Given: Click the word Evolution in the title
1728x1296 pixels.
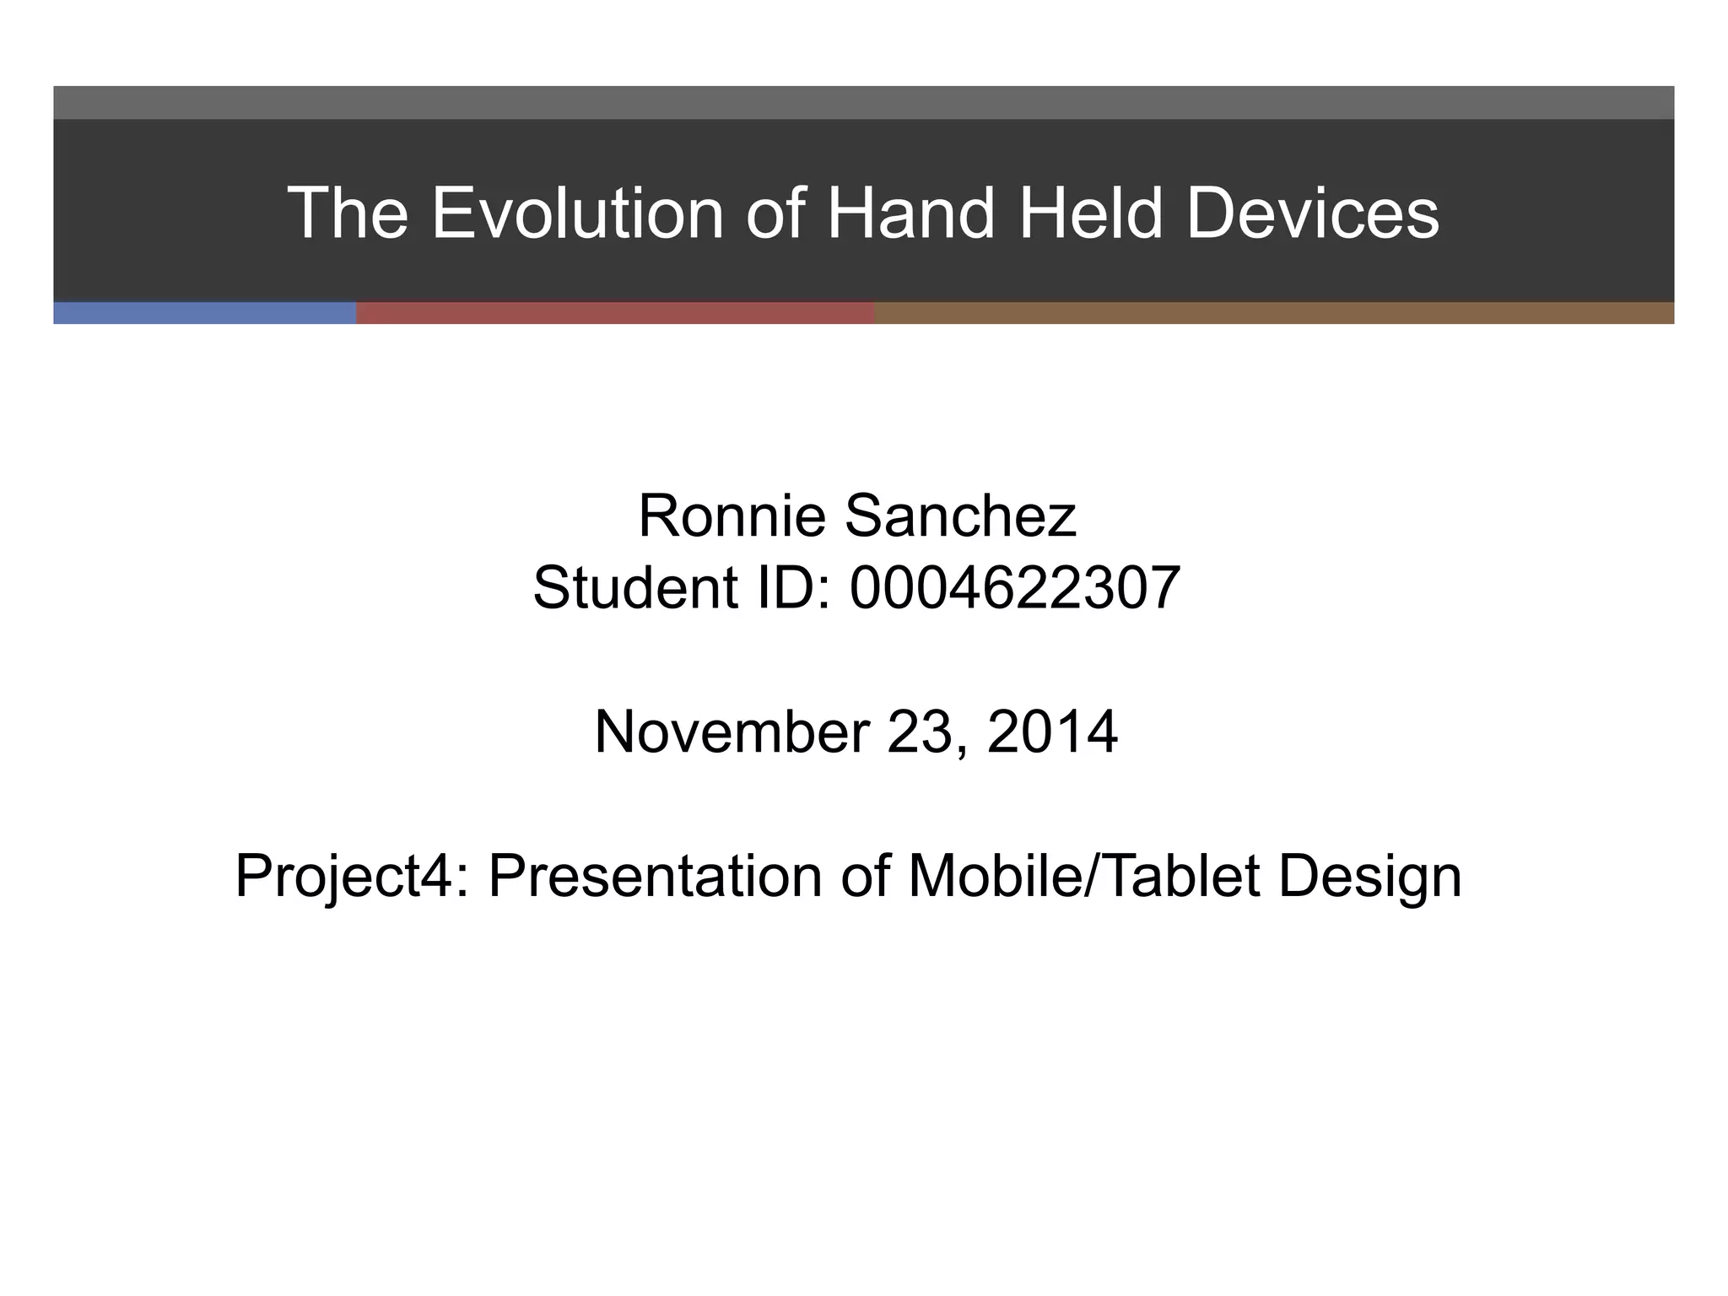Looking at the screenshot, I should point(577,213).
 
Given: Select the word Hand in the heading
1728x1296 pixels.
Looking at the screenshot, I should point(910,213).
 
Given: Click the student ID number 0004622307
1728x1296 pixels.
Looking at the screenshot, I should point(1014,588).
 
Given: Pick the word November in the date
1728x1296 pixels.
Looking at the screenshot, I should point(732,732).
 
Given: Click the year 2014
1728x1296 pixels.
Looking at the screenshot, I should point(1052,732).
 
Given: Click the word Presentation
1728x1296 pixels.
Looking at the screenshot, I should point(653,876).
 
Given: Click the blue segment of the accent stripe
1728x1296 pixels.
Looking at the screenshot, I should point(204,313).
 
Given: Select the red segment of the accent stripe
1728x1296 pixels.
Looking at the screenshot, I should point(615,313).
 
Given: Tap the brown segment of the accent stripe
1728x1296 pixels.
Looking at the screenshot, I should point(1274,313).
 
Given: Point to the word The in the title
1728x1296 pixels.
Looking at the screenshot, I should point(348,213).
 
